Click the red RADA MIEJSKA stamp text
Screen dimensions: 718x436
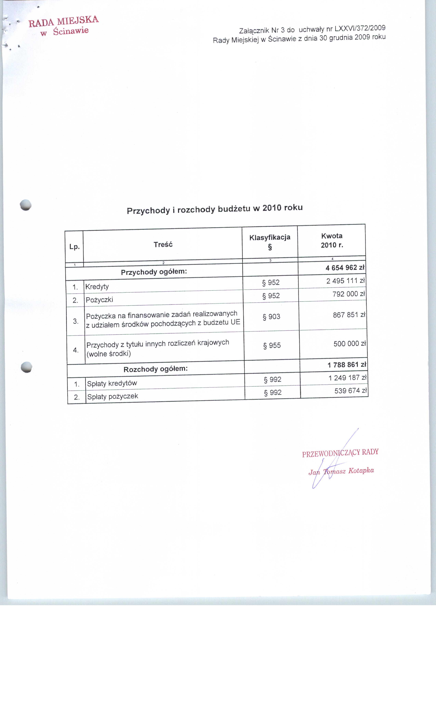[64, 21]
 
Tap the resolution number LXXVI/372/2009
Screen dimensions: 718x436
[360, 29]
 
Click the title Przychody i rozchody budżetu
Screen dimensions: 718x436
[215, 209]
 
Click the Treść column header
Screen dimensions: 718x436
[163, 244]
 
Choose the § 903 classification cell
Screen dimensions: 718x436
[271, 316]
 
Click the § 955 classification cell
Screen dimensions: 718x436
[272, 345]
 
